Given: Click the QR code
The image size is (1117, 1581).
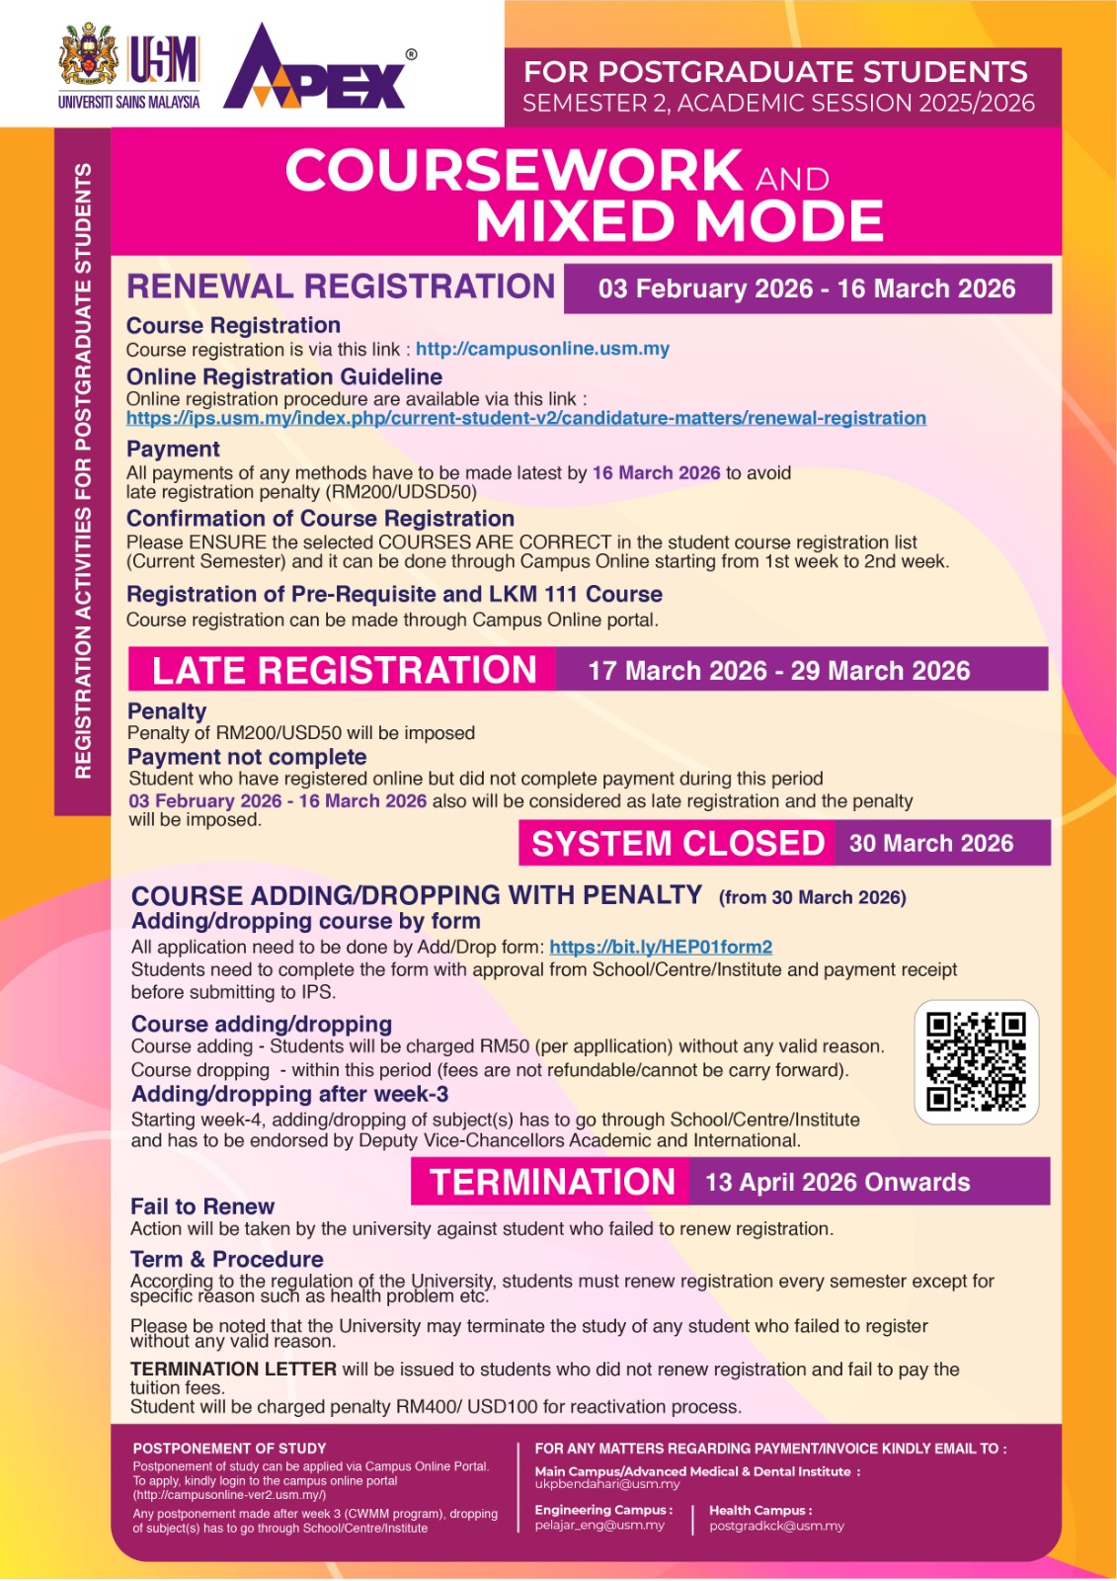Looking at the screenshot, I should click(x=976, y=1062).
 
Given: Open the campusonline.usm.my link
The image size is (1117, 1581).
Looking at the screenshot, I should click(x=542, y=349).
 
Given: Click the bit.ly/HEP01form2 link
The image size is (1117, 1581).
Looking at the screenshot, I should click(x=661, y=947).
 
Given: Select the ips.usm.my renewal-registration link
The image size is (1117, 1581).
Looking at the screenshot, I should click(x=525, y=418).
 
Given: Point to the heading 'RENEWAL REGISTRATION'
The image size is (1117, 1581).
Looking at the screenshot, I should click(x=341, y=287).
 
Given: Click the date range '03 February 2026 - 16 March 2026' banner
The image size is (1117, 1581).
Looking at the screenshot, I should click(x=807, y=289).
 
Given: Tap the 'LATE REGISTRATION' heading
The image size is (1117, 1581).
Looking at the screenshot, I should click(x=344, y=670).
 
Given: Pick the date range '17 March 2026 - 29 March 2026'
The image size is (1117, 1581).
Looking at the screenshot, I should click(x=779, y=671).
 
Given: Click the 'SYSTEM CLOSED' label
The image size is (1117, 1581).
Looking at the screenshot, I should click(x=678, y=843).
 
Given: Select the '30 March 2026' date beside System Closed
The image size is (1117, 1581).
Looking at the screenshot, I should click(x=931, y=843).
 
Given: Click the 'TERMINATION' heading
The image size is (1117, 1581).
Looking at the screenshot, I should click(x=552, y=1182).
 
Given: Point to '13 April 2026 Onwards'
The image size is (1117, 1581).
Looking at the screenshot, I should click(x=838, y=1182).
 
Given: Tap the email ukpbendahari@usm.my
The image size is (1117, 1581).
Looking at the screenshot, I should click(x=607, y=1484).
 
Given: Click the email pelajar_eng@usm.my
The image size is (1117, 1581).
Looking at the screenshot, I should click(x=599, y=1525).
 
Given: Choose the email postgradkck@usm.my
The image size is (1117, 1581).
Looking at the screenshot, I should click(x=776, y=1526).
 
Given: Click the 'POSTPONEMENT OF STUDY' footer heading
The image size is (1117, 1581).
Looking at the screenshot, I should click(x=229, y=1449).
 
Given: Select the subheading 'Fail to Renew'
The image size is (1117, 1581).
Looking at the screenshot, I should click(x=202, y=1207).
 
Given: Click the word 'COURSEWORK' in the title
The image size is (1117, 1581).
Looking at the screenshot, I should click(x=514, y=171).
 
